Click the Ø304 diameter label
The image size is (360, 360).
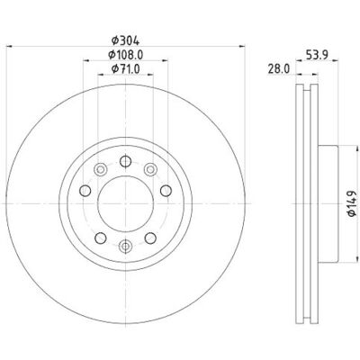click(125, 40)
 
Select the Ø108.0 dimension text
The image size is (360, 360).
click(125, 55)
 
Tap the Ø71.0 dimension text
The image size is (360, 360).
click(125, 69)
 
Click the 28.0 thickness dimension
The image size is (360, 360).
click(279, 69)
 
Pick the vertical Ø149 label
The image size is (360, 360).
click(351, 203)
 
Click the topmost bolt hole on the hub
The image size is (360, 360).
click(125, 161)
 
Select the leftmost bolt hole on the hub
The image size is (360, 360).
click(85, 190)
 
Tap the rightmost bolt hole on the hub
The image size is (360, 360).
click(166, 191)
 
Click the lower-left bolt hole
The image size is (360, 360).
click(101, 238)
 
